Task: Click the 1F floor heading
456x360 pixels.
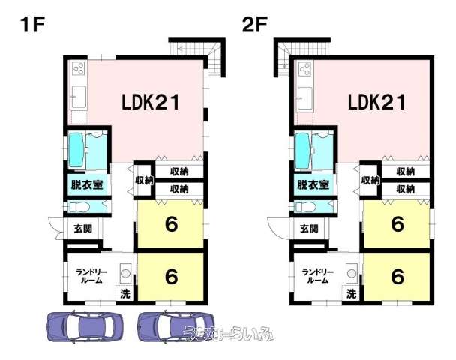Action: tap(32, 25)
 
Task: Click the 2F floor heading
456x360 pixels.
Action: tap(255, 25)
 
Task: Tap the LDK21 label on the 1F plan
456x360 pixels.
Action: tap(150, 102)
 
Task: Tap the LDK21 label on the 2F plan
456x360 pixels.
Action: tap(376, 102)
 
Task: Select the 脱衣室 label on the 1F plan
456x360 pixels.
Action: tap(87, 184)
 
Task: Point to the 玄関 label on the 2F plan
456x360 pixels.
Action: tap(309, 229)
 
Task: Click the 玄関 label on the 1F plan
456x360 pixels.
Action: tap(83, 229)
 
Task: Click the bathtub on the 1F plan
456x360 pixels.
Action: tap(76, 150)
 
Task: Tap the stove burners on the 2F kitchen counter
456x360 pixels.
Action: tap(305, 69)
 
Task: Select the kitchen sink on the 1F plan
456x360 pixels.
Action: tap(79, 97)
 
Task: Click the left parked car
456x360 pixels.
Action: tap(85, 326)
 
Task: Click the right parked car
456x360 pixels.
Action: tap(176, 326)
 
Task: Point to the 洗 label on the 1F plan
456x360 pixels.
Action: tap(125, 294)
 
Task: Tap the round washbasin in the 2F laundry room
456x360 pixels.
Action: tap(352, 273)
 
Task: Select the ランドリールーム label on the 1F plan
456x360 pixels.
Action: tap(91, 276)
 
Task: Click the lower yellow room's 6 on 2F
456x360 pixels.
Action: tap(397, 276)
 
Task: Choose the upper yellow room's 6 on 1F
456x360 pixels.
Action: tap(171, 224)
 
